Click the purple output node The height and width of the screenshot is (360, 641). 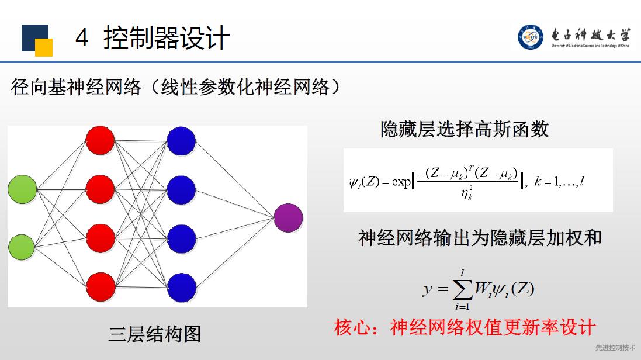coord(288,218)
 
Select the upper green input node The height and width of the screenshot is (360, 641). coord(22,189)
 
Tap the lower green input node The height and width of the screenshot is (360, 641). coord(22,247)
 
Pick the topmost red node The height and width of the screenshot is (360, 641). coord(100,140)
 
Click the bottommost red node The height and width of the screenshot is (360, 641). coord(101,287)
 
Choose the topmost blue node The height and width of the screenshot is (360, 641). coord(181,141)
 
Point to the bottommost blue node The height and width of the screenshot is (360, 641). coord(182,288)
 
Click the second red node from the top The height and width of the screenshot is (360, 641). coord(100,189)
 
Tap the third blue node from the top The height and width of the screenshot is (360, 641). coord(182,239)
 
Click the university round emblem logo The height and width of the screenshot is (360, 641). coord(531,37)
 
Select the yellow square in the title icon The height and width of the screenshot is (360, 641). coord(44,47)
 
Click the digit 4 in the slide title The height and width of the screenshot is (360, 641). coord(82,37)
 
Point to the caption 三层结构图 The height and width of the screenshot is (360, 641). coord(154,334)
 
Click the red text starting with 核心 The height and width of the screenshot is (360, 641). coord(465,327)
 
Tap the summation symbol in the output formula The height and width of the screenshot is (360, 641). coord(463,290)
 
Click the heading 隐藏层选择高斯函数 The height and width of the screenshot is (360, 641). coord(465,129)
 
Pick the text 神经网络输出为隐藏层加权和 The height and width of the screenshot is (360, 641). coord(480,238)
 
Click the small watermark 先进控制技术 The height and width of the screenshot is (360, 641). coord(615,348)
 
